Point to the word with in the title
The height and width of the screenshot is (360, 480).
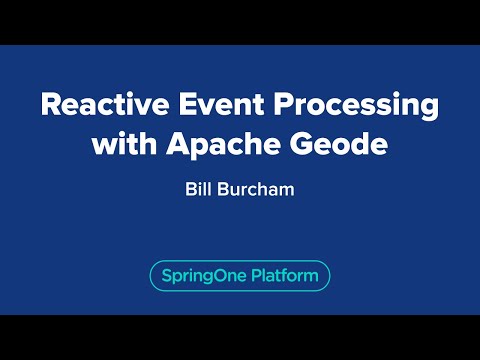pos(120,144)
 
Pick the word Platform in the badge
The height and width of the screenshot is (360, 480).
pos(283,276)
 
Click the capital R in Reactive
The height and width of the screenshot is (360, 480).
pos(48,105)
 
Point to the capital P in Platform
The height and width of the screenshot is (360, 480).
pos(255,275)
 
